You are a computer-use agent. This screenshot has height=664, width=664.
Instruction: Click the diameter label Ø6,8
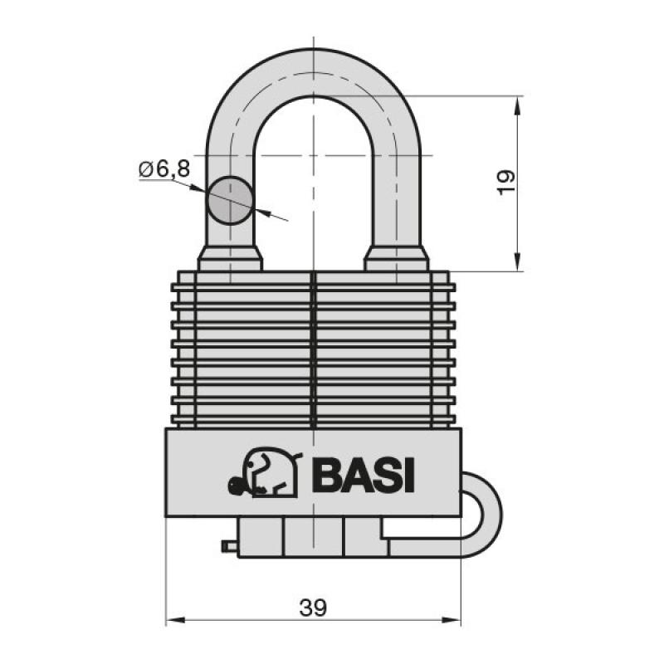point(164,169)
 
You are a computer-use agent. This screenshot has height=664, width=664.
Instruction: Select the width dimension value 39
point(314,608)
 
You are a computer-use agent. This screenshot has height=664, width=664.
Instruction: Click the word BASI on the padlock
point(363,476)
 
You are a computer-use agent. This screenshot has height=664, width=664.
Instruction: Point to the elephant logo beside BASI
point(266,471)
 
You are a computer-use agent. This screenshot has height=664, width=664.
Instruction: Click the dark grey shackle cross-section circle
point(230,200)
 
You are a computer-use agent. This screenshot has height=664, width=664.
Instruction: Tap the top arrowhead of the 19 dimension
point(517,106)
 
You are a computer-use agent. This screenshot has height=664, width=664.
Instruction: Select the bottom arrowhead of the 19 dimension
point(517,261)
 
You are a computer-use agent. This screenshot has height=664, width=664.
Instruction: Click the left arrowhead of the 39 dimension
point(175,620)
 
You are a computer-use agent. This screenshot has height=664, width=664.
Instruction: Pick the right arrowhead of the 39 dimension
point(451,620)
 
